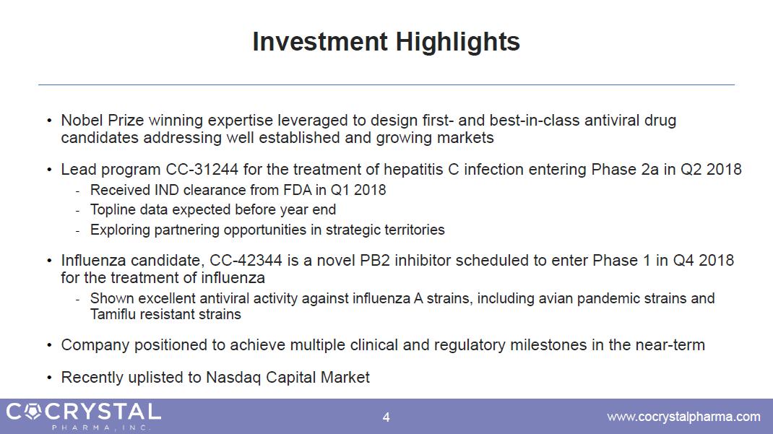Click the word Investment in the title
point(320,41)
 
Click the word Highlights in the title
point(457,43)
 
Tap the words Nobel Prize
point(102,120)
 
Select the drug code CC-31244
point(202,170)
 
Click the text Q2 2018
point(711,170)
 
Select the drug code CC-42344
point(246,260)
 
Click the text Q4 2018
point(704,260)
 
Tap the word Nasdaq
point(233,378)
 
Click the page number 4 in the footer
point(386,417)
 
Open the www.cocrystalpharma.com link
point(683,417)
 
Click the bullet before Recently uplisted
point(49,378)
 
